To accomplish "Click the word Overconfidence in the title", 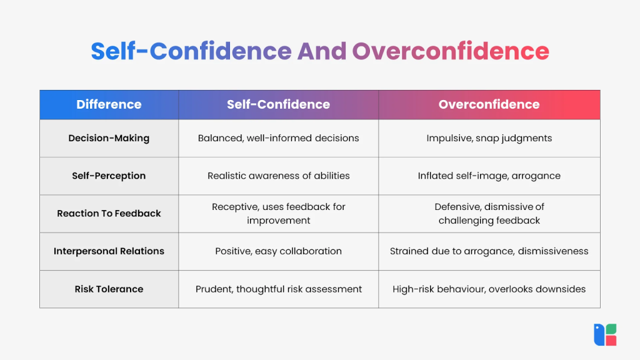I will click(450, 51).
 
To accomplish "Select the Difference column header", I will click(109, 104).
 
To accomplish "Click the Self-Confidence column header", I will click(278, 104).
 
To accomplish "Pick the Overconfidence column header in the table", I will click(489, 104).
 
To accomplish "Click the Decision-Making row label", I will click(109, 138).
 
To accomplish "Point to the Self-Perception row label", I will click(109, 176).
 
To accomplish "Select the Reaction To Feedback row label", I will click(109, 213).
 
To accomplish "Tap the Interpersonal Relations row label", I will click(109, 251).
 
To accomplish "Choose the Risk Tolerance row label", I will click(109, 289).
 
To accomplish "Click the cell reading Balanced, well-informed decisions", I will click(278, 138).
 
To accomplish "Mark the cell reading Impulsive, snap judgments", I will click(489, 138).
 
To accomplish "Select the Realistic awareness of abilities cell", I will click(278, 176).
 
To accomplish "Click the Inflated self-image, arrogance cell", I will click(489, 176).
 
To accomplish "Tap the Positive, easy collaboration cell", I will click(278, 251).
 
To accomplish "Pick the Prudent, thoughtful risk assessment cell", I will click(278, 289).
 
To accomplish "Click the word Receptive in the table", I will click(234, 207).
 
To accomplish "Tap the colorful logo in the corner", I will click(605, 334).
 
